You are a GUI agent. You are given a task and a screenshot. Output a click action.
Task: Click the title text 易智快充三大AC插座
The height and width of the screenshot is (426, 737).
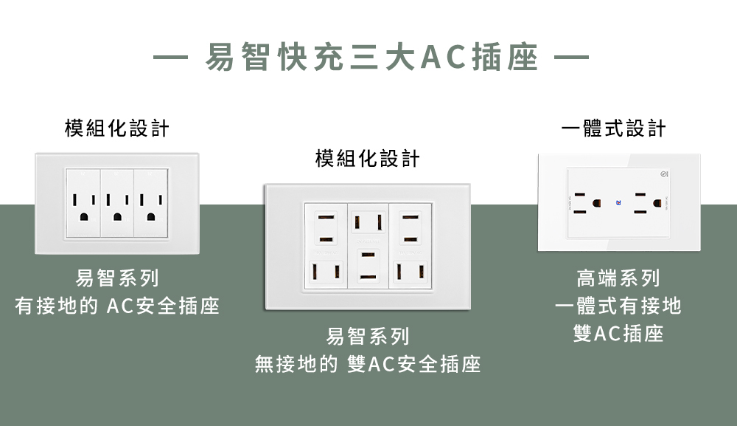371,58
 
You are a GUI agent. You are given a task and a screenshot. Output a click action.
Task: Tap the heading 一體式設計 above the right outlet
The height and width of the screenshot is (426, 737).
613,128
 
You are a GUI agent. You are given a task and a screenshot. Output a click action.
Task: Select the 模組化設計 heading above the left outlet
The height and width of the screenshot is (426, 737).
117,128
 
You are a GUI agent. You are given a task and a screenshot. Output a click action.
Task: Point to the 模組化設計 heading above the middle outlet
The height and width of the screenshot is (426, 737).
367,158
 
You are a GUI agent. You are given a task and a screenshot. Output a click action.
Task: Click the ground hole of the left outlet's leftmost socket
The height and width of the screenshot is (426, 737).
83,216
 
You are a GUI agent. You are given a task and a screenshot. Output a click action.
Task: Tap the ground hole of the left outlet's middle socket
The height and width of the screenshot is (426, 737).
117,216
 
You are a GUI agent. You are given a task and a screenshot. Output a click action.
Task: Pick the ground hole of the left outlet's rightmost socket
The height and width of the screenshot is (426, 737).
152,216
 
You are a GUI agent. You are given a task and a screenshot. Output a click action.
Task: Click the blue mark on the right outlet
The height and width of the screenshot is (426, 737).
618,202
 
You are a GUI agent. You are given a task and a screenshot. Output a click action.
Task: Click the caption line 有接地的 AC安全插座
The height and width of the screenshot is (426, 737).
117,306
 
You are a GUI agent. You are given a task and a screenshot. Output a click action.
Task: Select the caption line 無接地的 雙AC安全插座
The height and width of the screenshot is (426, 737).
367,363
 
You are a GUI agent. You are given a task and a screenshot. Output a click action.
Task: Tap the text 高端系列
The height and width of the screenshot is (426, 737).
618,278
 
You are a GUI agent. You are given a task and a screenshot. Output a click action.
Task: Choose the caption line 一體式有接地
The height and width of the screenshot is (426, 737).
618,306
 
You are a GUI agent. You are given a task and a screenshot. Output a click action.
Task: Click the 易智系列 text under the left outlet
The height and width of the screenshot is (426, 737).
117,278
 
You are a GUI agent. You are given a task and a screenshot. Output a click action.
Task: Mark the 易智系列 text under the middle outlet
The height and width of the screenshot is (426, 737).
367,337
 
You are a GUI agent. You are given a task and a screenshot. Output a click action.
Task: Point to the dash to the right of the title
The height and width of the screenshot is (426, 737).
570,58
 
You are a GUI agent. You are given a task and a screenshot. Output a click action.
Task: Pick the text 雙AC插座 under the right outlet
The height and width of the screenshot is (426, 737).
618,334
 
